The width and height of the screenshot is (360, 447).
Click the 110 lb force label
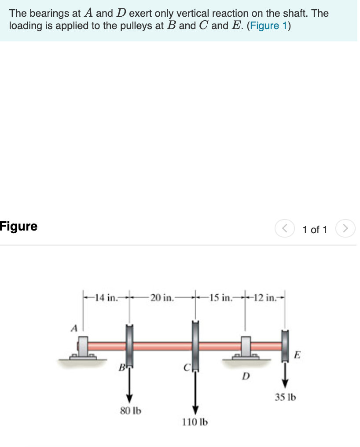pos(195,423)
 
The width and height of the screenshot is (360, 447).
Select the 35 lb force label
pos(286,398)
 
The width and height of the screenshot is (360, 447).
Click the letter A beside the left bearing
pos(74,328)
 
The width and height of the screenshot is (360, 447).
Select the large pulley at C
pos(195,345)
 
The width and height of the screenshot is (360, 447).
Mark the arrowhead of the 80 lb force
pos(130,398)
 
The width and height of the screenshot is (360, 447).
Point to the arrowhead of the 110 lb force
pos(195,410)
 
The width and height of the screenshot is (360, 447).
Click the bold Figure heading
pos(19,227)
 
